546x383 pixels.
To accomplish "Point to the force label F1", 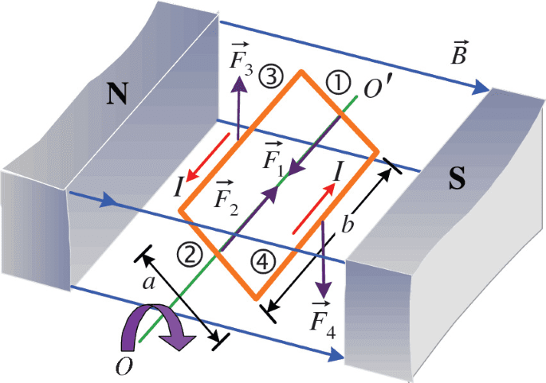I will click(273, 159).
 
